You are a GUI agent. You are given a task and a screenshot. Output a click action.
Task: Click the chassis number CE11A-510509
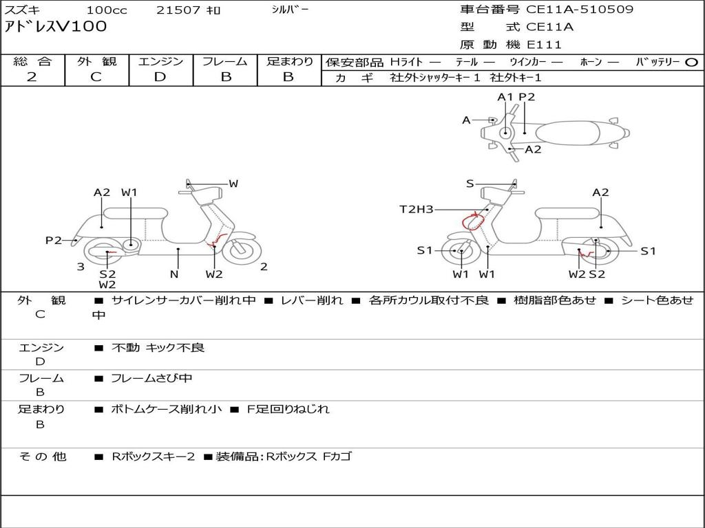coord(580,10)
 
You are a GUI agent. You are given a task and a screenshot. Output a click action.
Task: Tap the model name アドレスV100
coord(56,27)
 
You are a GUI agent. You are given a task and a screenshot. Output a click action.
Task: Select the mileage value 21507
coord(178,10)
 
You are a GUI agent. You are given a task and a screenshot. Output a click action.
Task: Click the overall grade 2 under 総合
coord(32,77)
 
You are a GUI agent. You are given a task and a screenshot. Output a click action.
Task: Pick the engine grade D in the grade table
coord(160,77)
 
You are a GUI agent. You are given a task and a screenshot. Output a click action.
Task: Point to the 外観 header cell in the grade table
coord(96,61)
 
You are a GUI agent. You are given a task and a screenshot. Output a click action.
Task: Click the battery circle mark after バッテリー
coord(691,63)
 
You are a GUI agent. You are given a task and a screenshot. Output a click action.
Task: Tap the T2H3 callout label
coord(417,209)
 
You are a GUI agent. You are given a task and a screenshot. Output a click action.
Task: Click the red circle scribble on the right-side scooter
coord(474,221)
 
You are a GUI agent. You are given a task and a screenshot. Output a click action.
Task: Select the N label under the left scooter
coord(174,274)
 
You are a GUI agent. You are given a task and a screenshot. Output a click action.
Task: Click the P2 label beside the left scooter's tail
coord(54,240)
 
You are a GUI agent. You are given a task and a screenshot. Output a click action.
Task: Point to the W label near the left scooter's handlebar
coord(233,183)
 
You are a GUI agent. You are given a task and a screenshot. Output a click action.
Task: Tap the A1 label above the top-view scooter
coord(505,97)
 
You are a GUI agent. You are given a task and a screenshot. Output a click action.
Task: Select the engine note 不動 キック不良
coord(158,347)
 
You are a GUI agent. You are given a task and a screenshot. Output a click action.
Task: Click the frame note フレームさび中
coord(151,379)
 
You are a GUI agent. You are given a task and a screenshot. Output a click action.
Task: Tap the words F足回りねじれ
coord(288,409)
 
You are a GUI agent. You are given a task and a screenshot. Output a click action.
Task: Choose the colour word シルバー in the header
coord(290,10)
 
